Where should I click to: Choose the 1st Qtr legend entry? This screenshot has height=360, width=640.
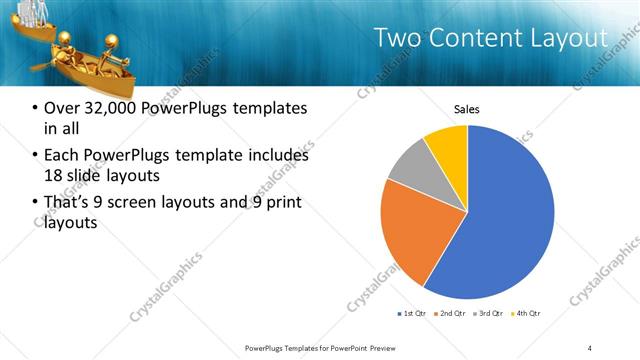411,314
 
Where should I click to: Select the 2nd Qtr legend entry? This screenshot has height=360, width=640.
449,314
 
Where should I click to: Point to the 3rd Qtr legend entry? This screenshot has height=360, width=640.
487,314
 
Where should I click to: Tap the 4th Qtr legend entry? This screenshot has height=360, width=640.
525,314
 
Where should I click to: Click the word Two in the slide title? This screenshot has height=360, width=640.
396,39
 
